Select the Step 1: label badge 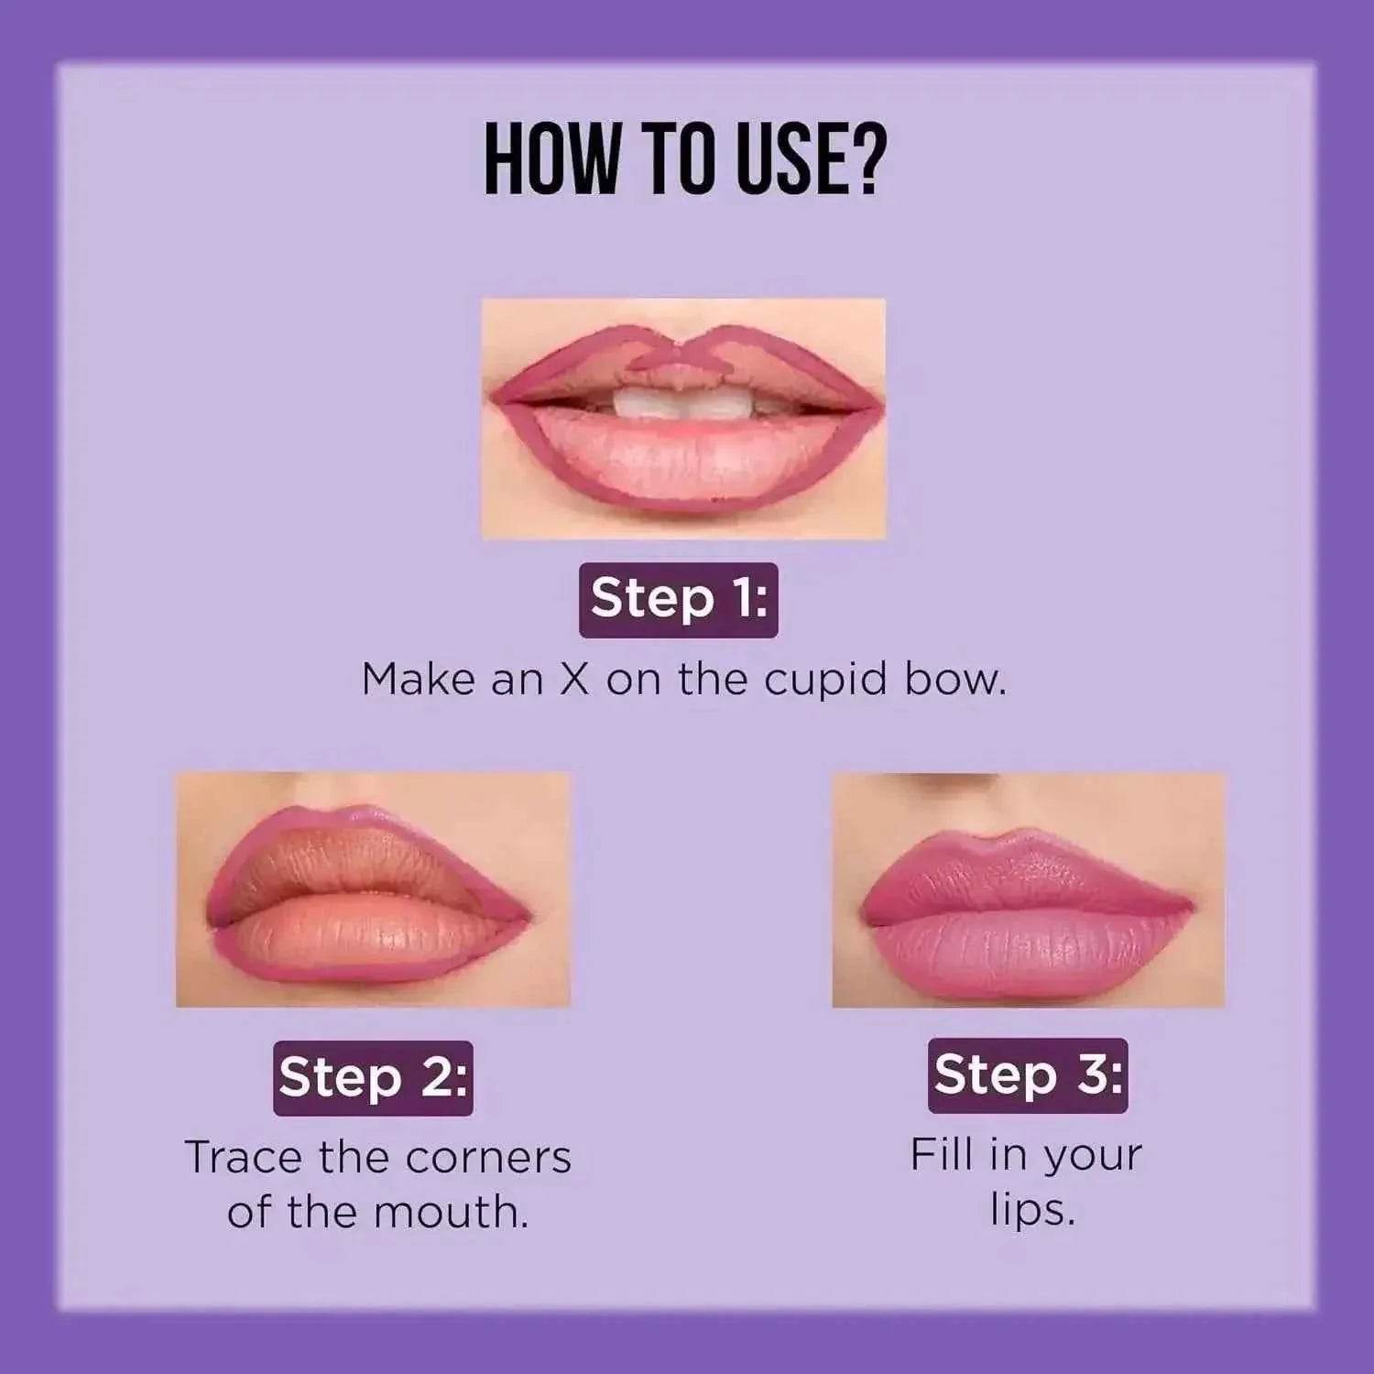pos(679,600)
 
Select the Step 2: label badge pos(373,1077)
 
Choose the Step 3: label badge pos(1028,1075)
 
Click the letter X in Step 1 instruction pos(574,681)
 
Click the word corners pos(488,1158)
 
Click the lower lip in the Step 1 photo pos(682,463)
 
